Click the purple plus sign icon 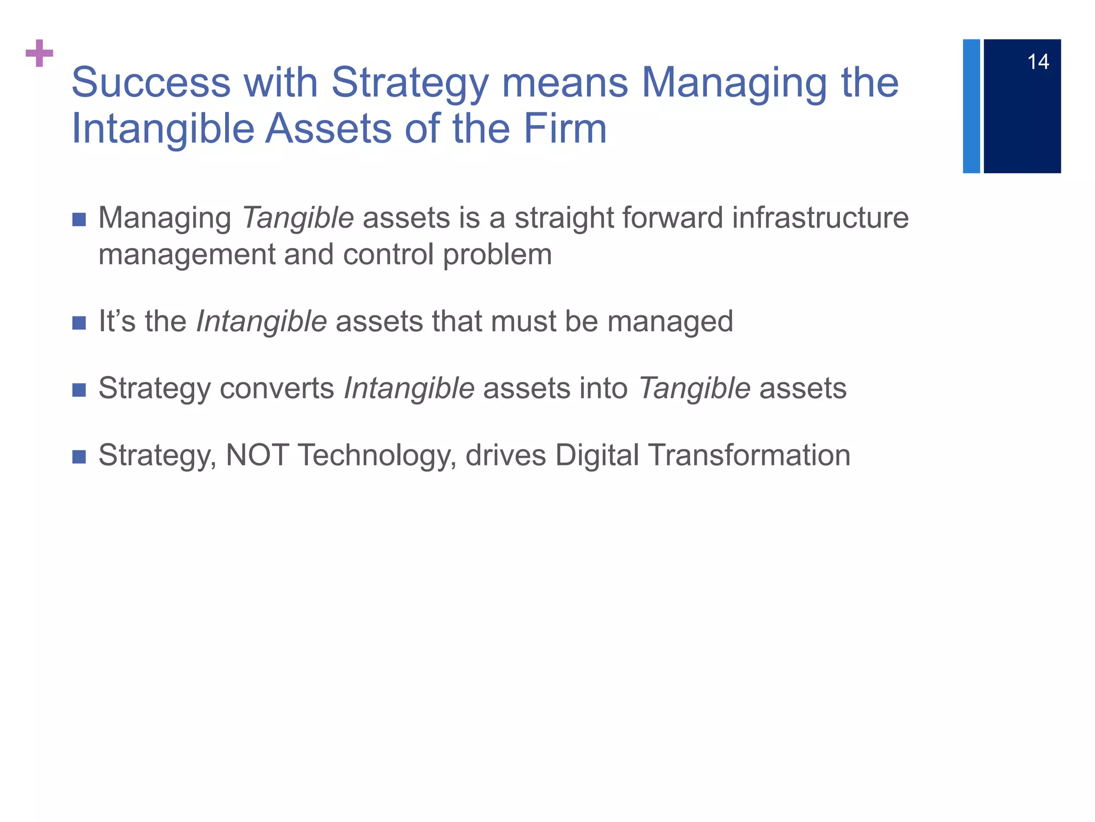[40, 53]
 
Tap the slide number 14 [1038, 62]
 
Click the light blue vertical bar [971, 106]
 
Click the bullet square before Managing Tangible [79, 219]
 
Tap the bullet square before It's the [79, 323]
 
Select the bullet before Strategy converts [79, 390]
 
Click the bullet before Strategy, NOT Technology [79, 456]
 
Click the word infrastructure [820, 218]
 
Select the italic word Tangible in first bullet [298, 218]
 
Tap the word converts [277, 389]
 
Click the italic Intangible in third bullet [409, 389]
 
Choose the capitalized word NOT [257, 455]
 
